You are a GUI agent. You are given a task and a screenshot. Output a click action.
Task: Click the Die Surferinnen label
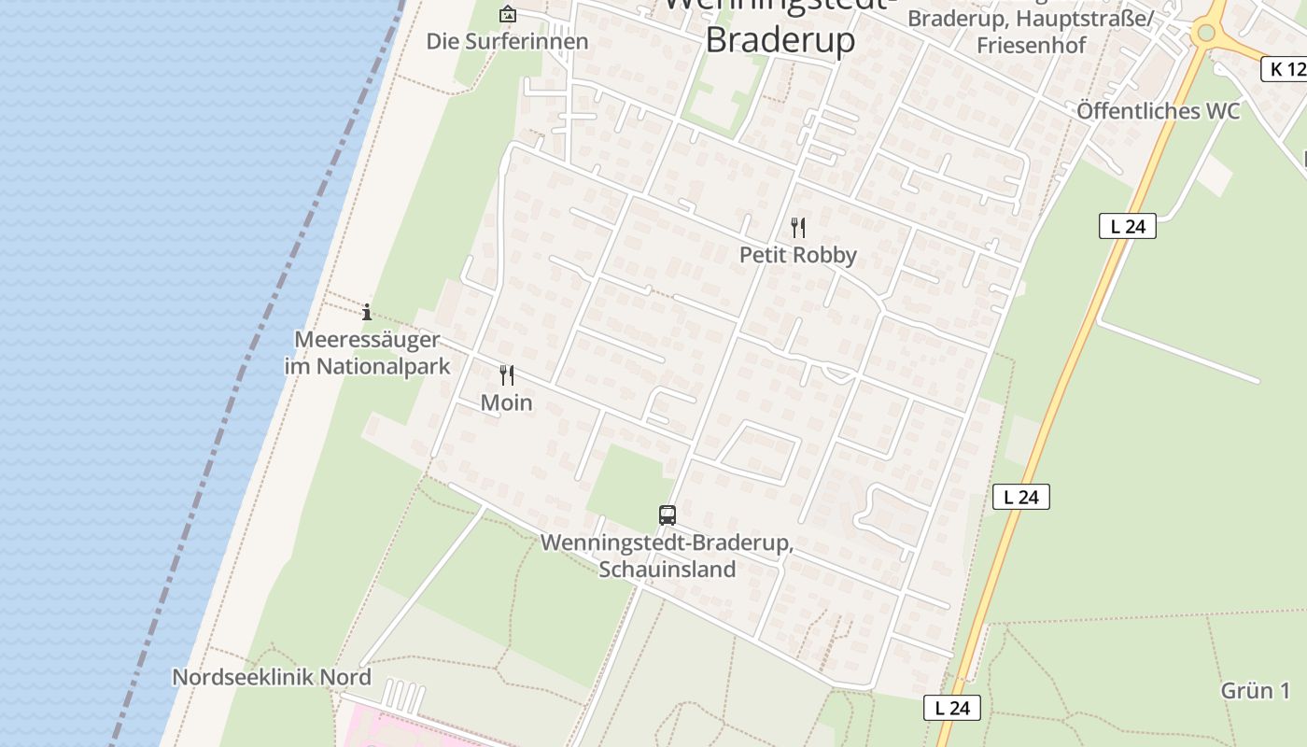coord(507,41)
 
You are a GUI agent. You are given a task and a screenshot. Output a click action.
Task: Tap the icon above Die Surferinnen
coord(507,14)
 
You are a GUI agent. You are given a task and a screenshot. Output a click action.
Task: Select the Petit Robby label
coord(797,255)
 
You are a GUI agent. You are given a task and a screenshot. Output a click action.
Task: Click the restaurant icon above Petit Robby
coord(797,227)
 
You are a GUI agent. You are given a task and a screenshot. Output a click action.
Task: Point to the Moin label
coord(506,402)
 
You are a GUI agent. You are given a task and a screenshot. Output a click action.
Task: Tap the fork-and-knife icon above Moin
coord(506,375)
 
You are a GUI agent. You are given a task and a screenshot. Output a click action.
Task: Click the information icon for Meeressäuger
coord(367,312)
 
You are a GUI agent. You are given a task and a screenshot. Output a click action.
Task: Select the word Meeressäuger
coord(367,339)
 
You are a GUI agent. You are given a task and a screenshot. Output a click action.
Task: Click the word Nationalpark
coord(383,366)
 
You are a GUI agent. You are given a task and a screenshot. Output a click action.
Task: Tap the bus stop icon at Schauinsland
coord(667,514)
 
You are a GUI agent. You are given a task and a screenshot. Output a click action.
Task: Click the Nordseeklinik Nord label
coord(272,677)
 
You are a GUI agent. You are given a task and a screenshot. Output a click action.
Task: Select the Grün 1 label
coord(1255,691)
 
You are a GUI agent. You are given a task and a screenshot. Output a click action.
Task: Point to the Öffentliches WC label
coord(1158,111)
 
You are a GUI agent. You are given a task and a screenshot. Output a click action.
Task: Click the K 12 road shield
coord(1285,68)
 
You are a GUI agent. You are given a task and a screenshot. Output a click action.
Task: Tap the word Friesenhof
coord(1031,44)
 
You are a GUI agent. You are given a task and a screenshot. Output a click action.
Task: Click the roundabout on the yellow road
coord(1205,34)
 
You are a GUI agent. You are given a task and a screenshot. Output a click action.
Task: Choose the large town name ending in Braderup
coord(780,39)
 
